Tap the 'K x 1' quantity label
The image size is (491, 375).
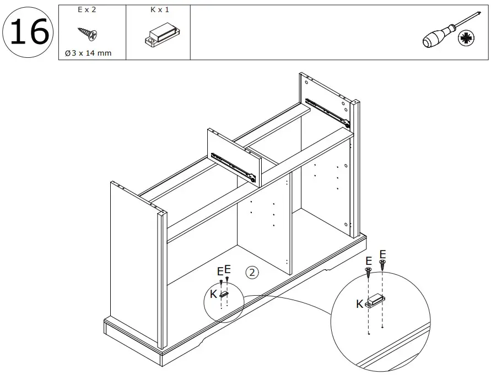159,10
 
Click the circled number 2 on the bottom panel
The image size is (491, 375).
252,272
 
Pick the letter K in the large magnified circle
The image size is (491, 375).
359,303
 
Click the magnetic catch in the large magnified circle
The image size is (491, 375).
375,301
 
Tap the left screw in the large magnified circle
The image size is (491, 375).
368,271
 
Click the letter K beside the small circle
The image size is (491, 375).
213,294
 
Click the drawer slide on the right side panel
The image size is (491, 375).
327,110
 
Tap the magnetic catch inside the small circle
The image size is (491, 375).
224,294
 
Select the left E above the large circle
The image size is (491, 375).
369,260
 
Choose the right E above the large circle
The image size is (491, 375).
383,253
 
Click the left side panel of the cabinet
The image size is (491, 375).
135,264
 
